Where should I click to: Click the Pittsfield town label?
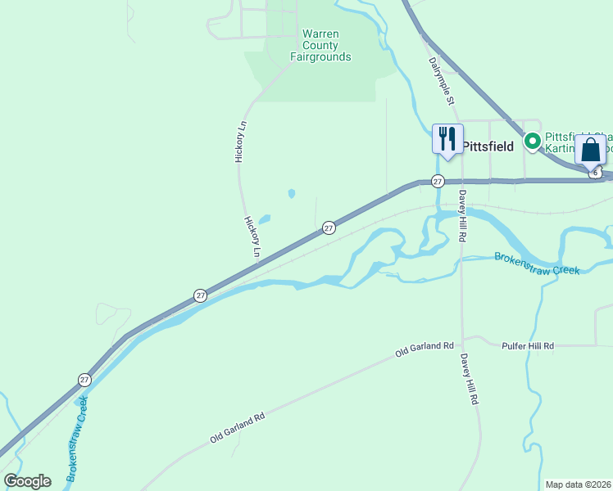tap(488, 146)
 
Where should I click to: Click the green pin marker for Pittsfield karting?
tap(532, 142)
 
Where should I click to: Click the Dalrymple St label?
tap(441, 80)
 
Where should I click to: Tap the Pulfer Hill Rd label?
tap(527, 346)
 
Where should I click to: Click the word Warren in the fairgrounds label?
tap(321, 34)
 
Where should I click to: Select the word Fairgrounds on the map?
tap(320, 57)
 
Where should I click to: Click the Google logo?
tap(28, 481)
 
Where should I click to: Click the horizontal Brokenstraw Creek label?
tap(537, 263)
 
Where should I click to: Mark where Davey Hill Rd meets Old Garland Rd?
tap(462, 339)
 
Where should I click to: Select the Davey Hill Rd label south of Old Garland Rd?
tap(469, 381)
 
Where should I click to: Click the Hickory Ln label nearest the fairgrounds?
tap(240, 141)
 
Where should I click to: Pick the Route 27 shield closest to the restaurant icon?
tap(438, 181)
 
